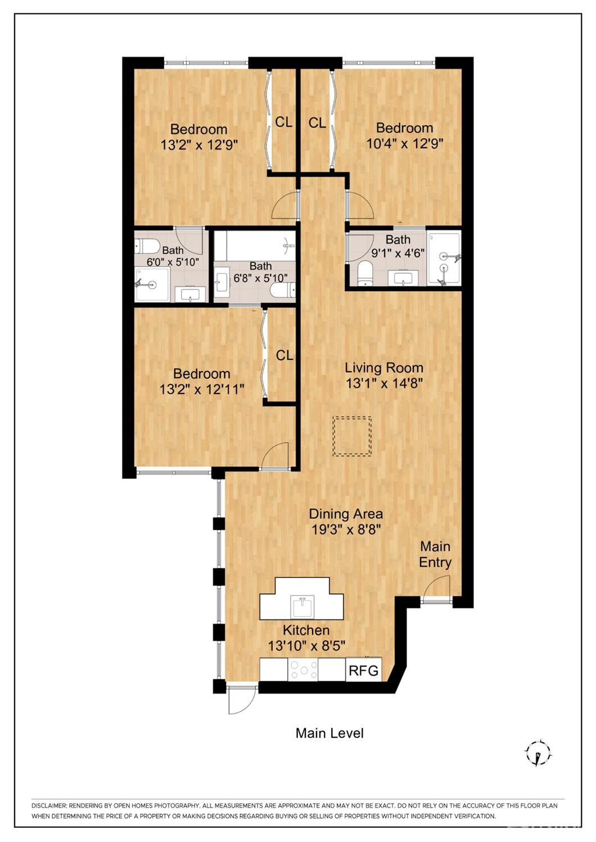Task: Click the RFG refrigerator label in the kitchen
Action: point(364,670)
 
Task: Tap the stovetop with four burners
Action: point(303,669)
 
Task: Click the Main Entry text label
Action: point(435,554)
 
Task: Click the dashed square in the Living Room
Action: point(352,436)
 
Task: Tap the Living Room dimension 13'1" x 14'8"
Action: point(384,384)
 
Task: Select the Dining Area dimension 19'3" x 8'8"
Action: point(346,529)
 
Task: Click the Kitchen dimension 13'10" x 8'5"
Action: point(306,646)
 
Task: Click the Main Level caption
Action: point(330,732)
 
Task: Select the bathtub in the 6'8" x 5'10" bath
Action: point(256,245)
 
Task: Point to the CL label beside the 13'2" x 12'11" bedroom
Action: point(285,355)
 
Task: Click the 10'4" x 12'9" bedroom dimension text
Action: point(405,143)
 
